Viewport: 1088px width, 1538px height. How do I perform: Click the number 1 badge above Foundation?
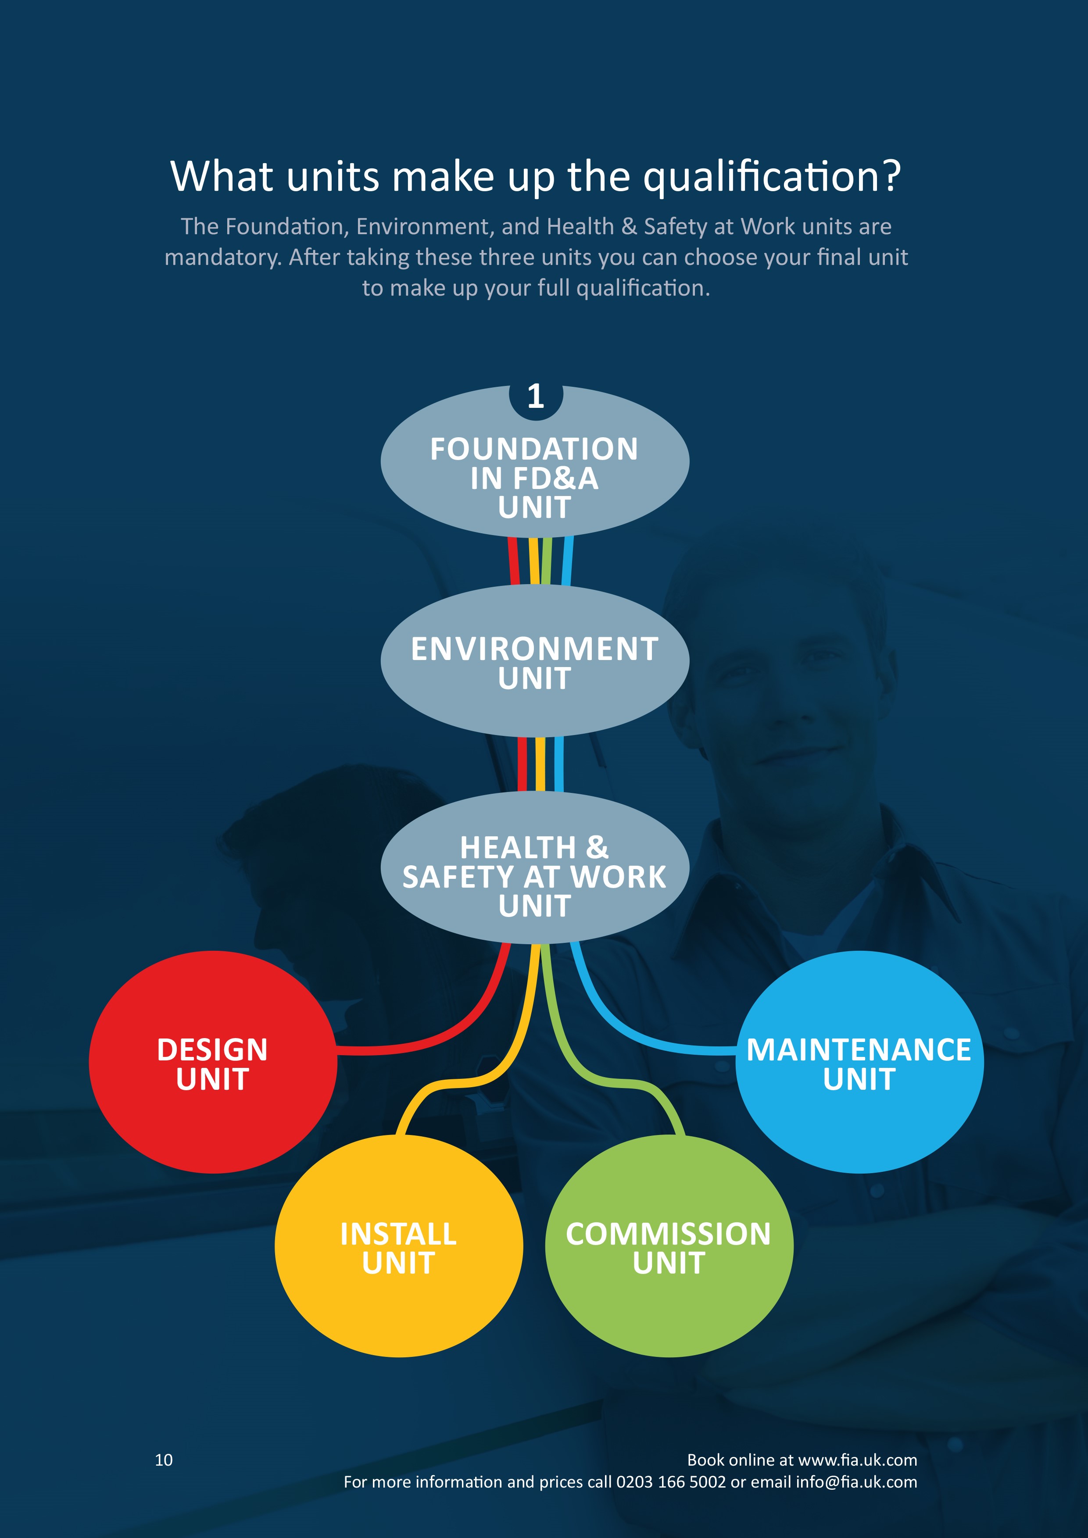pyautogui.click(x=535, y=396)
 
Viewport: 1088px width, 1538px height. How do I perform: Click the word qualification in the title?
pyautogui.click(x=770, y=178)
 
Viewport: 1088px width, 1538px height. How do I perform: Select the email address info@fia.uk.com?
pyautogui.click(x=856, y=1482)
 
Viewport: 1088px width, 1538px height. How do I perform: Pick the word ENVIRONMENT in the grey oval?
pyautogui.click(x=535, y=649)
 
